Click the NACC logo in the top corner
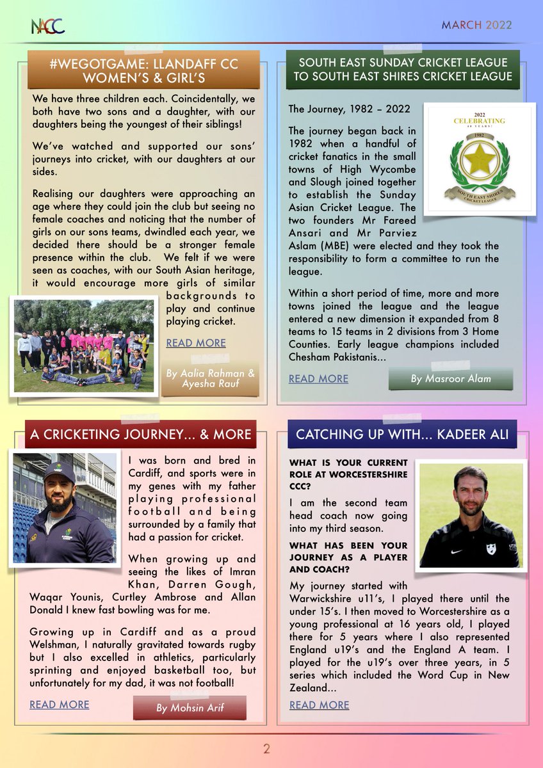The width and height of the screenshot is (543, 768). (x=47, y=26)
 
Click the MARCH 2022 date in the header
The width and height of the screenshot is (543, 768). (x=476, y=26)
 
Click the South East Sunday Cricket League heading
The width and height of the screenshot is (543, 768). (x=403, y=70)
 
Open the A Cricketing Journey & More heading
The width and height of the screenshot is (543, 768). (x=140, y=435)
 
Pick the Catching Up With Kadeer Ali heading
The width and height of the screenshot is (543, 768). (x=402, y=435)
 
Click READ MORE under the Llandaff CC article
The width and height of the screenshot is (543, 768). (x=196, y=343)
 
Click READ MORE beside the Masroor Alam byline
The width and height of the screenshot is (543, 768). (x=318, y=378)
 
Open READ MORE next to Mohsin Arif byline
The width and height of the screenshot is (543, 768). (x=59, y=705)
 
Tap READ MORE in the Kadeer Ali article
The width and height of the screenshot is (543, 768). (x=319, y=705)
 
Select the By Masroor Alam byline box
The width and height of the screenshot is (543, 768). (x=451, y=379)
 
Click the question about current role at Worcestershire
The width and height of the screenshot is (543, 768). (x=348, y=474)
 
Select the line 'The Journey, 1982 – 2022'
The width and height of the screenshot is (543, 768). (x=349, y=109)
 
